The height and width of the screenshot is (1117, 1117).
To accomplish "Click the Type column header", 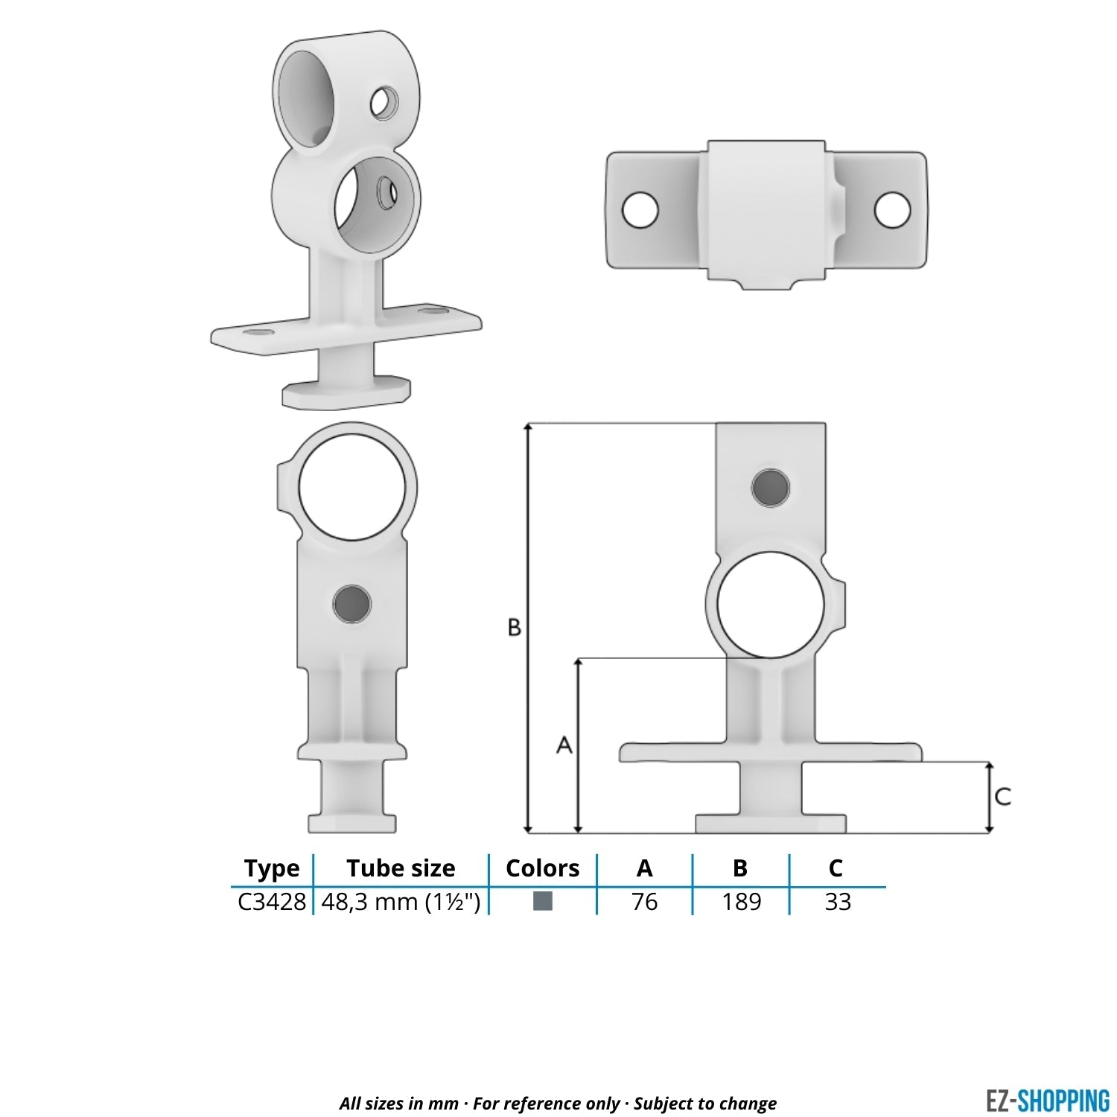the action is point(272,868).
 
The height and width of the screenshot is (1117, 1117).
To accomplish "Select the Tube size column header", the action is point(401,868).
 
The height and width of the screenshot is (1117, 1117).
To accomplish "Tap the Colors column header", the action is point(542,868).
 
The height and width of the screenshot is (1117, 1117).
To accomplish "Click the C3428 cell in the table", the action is point(272,902).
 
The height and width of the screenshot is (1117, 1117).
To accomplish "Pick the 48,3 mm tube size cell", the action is point(401,902).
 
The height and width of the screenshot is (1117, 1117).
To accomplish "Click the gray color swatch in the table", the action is point(543,901).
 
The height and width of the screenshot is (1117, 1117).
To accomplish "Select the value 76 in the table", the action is point(645,902).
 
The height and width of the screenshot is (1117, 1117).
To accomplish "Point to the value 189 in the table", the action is point(741,902).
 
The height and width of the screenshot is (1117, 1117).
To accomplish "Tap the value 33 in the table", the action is point(838,902).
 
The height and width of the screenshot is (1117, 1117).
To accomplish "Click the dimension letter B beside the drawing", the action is point(514,628).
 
